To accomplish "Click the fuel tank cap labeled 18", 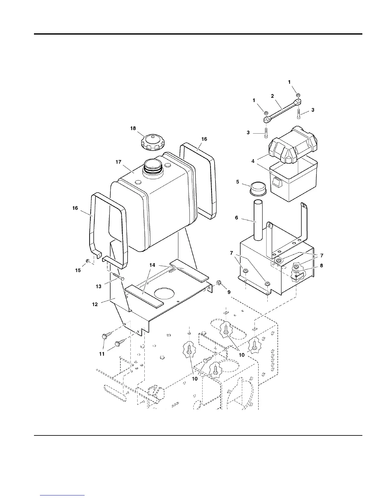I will pos(153,143).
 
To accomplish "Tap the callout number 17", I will pos(118,162).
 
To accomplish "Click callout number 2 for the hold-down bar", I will pos(272,96).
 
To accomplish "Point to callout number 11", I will pos(102,354).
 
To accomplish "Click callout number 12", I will pos(95,304).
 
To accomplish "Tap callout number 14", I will pos(152,265).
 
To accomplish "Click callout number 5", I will pos(237,182).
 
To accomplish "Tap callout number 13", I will pos(98,286).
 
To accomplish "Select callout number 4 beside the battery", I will pos(253,161).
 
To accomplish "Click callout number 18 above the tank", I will pos(133,128).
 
